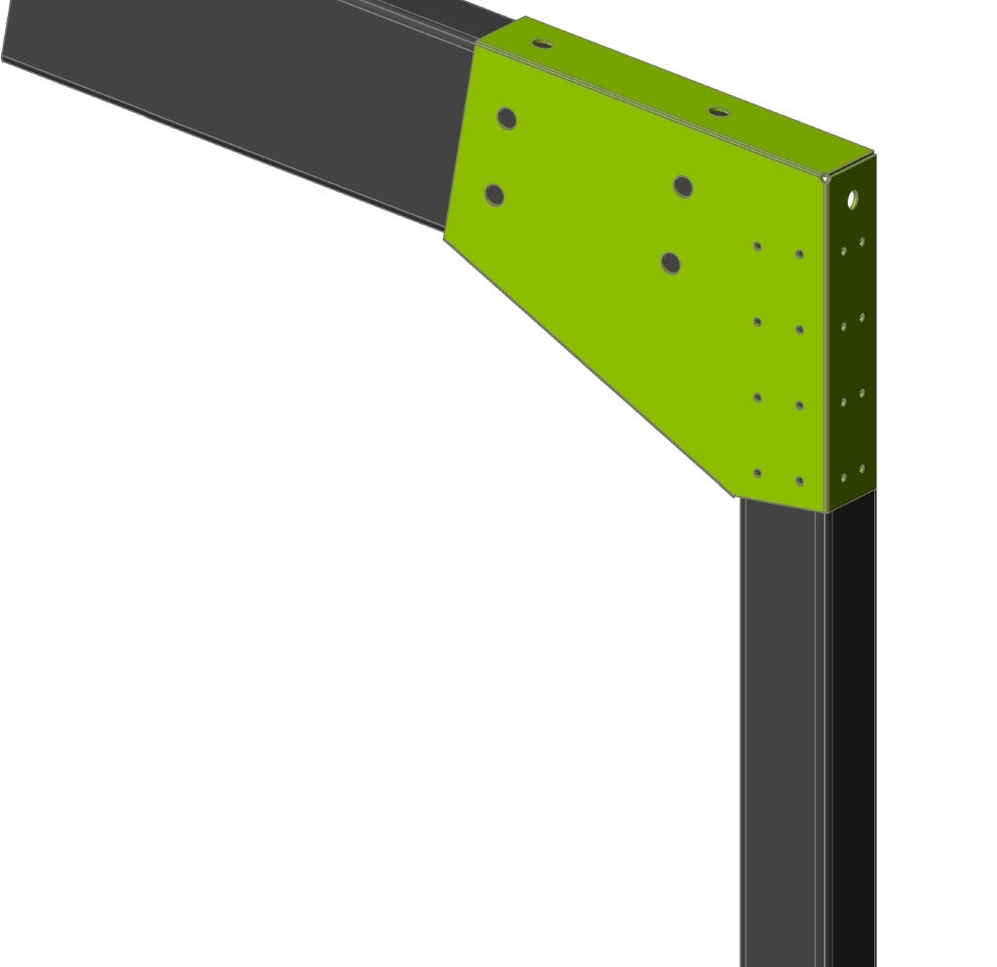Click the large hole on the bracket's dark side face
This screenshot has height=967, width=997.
point(853,200)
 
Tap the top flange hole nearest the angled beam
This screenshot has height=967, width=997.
point(542,44)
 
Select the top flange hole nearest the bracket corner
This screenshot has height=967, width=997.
point(719,112)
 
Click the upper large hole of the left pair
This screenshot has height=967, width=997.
point(506,119)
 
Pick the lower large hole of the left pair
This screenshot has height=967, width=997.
point(495,195)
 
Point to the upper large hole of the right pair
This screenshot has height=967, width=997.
point(683,186)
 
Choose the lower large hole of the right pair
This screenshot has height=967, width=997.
point(671,263)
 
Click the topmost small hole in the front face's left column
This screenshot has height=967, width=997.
point(757,246)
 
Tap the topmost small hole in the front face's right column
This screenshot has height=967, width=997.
point(799,254)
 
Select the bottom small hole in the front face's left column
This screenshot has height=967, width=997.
point(757,473)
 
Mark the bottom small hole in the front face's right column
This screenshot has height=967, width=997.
point(799,481)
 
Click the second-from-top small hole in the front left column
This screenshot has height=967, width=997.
point(757,321)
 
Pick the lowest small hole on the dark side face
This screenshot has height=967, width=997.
point(844,478)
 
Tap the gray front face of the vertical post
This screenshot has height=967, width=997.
point(779,730)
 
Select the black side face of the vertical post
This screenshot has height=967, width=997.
point(853,730)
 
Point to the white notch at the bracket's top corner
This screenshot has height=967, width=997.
point(826,176)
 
